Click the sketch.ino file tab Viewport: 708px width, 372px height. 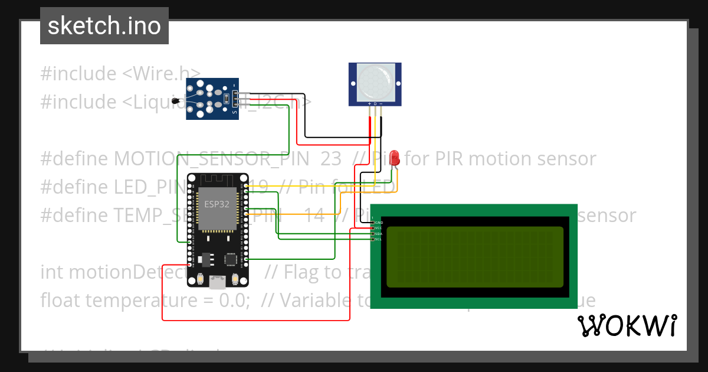coord(104,26)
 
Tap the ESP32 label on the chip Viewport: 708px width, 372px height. coord(217,204)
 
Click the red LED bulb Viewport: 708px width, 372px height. coord(395,158)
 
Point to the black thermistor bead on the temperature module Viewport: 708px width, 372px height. coord(175,102)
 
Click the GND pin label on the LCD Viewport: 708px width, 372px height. coord(379,223)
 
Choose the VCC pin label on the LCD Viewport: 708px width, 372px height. coord(379,228)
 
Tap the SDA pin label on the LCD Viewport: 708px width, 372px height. coord(379,234)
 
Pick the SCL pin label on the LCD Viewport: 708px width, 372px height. coord(379,239)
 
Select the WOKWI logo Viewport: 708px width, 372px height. coord(627,325)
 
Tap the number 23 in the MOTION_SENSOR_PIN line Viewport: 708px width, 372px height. coord(331,159)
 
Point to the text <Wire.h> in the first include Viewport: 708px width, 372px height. coord(161,74)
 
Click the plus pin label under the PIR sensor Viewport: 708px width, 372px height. coord(370,104)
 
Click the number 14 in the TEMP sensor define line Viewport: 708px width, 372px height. coord(314,216)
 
